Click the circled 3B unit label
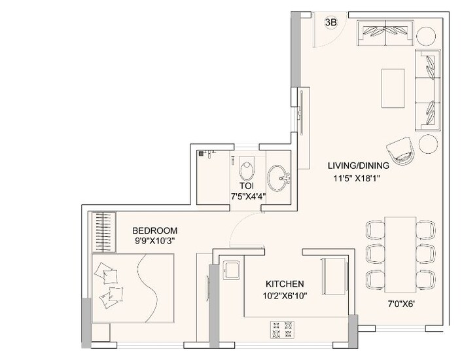pyautogui.click(x=330, y=22)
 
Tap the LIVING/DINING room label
pyautogui.click(x=359, y=166)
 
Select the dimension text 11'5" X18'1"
pyautogui.click(x=357, y=178)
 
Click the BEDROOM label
pyautogui.click(x=154, y=230)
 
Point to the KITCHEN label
pyautogui.click(x=285, y=284)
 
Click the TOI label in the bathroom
pyautogui.click(x=246, y=186)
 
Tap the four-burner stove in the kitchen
pyautogui.click(x=282, y=330)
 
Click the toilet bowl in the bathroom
pyautogui.click(x=247, y=169)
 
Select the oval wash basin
pyautogui.click(x=277, y=179)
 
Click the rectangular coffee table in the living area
pyautogui.click(x=393, y=88)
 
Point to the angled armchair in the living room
pyautogui.click(x=401, y=151)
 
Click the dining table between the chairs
pyautogui.click(x=400, y=255)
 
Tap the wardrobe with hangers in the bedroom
pyautogui.click(x=103, y=232)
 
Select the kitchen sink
pyautogui.click(x=232, y=270)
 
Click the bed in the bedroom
pyautogui.click(x=133, y=288)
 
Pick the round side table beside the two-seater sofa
pyautogui.click(x=426, y=36)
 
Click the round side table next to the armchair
pyautogui.click(x=429, y=144)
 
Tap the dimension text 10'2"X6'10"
pyautogui.click(x=285, y=296)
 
